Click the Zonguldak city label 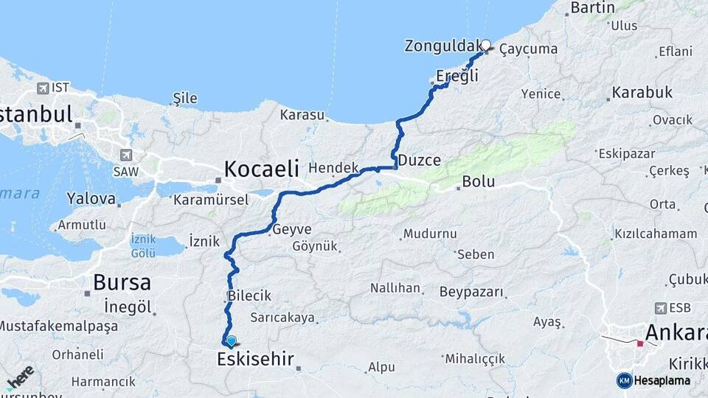442,46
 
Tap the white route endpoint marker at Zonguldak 485,44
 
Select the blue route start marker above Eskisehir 232,341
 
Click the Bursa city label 122,282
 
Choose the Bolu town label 478,182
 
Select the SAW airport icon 127,156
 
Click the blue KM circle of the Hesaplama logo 624,380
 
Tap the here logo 19,377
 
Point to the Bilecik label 249,296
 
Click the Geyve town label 291,229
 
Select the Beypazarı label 471,292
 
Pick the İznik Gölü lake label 142,246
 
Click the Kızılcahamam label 656,234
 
